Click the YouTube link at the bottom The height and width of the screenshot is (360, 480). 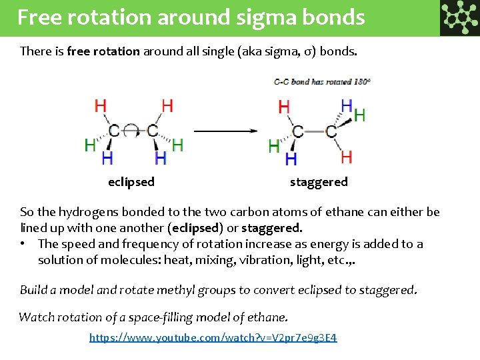click(213, 338)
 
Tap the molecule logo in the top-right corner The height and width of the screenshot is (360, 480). click(459, 17)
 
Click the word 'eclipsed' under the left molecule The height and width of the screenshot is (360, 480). click(131, 182)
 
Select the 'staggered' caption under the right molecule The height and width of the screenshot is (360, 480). click(319, 182)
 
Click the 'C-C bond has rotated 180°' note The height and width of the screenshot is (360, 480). click(322, 82)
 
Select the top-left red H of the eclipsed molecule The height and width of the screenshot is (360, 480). click(101, 106)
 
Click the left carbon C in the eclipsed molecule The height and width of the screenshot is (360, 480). click(115, 130)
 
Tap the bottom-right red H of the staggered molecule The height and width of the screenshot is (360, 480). click(346, 157)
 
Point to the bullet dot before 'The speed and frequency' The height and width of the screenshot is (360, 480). click(24, 244)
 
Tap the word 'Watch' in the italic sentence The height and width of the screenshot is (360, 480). click(37, 317)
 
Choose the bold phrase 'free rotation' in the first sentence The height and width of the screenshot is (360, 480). click(103, 51)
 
